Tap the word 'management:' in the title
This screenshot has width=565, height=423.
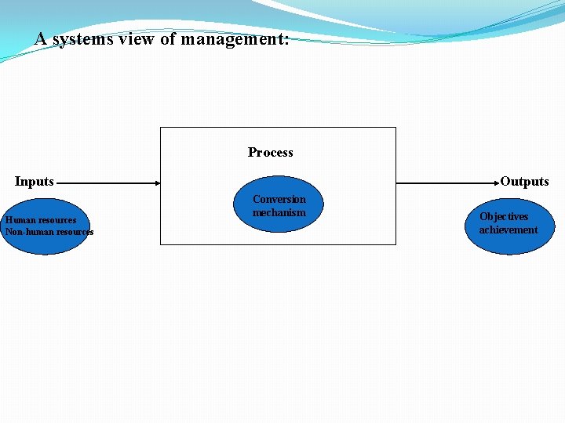coord(235,39)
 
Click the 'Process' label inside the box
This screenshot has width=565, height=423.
coord(271,153)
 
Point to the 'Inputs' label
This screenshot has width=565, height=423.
coord(35,182)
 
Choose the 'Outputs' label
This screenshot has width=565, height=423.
coord(524,182)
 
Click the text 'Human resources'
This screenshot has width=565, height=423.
coord(41,220)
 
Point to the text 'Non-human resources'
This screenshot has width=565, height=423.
coord(49,232)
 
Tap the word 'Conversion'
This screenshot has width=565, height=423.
coord(279,200)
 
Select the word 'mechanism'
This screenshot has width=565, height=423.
coord(279,212)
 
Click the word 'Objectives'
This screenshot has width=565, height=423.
coord(504,217)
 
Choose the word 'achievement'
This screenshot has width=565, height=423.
coord(508,230)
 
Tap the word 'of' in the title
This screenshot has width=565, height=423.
coord(168,39)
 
